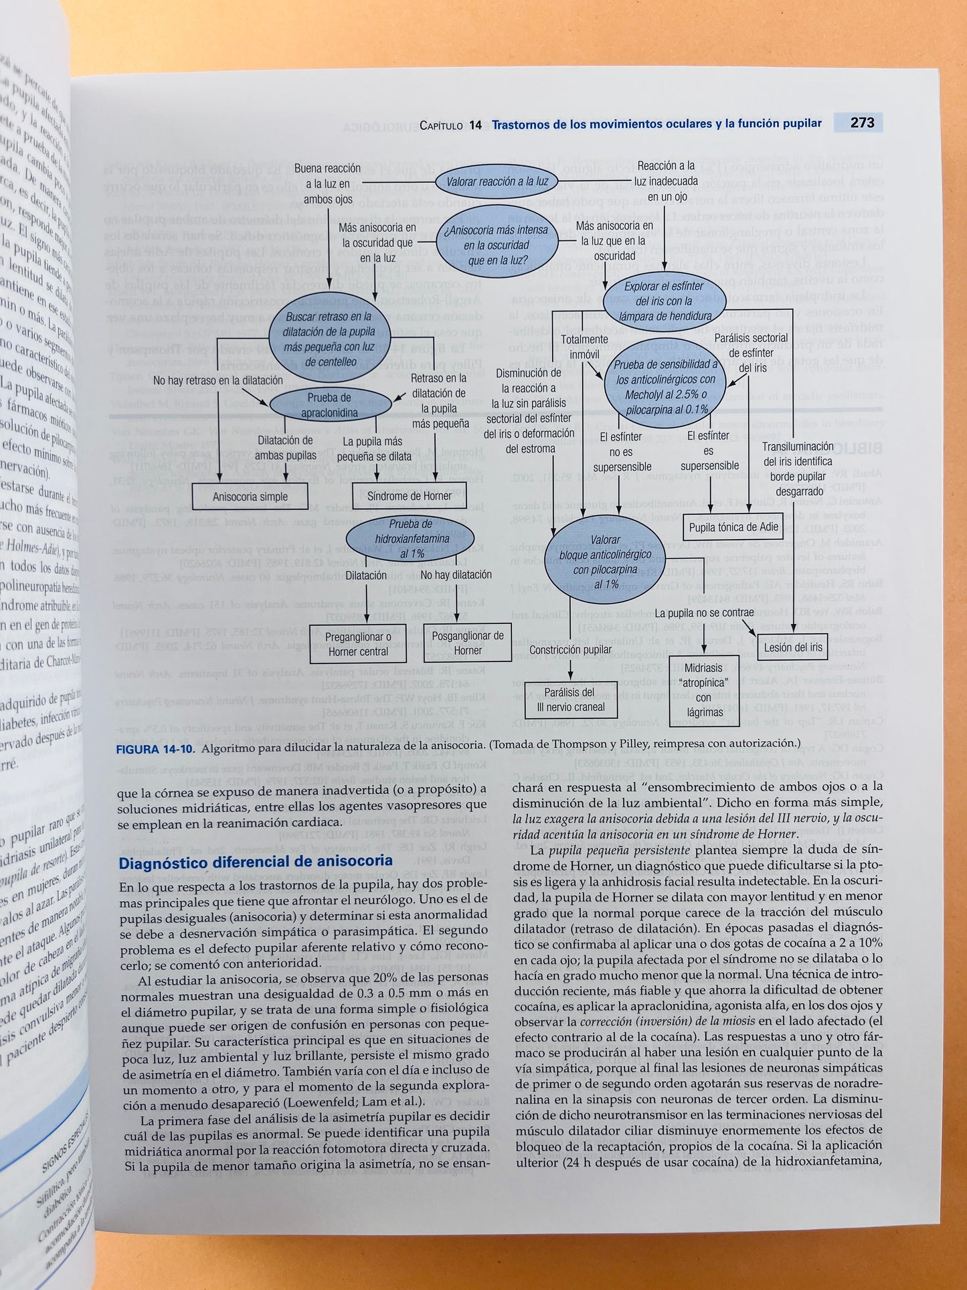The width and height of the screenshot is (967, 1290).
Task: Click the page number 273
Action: (x=862, y=123)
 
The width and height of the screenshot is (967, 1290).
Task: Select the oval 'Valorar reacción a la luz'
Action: (x=497, y=181)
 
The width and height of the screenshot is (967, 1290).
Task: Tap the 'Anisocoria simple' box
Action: (x=250, y=497)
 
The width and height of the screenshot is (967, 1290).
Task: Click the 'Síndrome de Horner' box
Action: (x=409, y=496)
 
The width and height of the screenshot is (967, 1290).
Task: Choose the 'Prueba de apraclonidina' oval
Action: (x=329, y=405)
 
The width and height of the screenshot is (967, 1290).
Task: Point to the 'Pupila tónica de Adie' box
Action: (x=733, y=527)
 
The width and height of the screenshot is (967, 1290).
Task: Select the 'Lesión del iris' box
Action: (x=793, y=647)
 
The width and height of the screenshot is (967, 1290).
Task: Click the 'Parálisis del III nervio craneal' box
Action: (x=570, y=700)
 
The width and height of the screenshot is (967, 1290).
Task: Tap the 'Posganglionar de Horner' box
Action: (x=468, y=643)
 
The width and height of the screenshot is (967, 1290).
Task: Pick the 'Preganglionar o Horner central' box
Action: (x=358, y=644)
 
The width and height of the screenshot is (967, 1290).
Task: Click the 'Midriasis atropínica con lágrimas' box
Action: (x=703, y=690)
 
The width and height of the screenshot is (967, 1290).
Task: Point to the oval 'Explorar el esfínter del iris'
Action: (x=664, y=301)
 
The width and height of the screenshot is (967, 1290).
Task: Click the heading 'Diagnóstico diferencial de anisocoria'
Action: (x=256, y=862)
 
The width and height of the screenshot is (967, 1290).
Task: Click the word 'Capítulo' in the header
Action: (x=440, y=125)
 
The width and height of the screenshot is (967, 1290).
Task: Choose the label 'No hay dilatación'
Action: (x=456, y=575)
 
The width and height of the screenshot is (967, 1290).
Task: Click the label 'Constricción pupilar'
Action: (x=570, y=649)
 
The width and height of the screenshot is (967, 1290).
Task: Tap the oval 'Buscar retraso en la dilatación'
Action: (x=329, y=339)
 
